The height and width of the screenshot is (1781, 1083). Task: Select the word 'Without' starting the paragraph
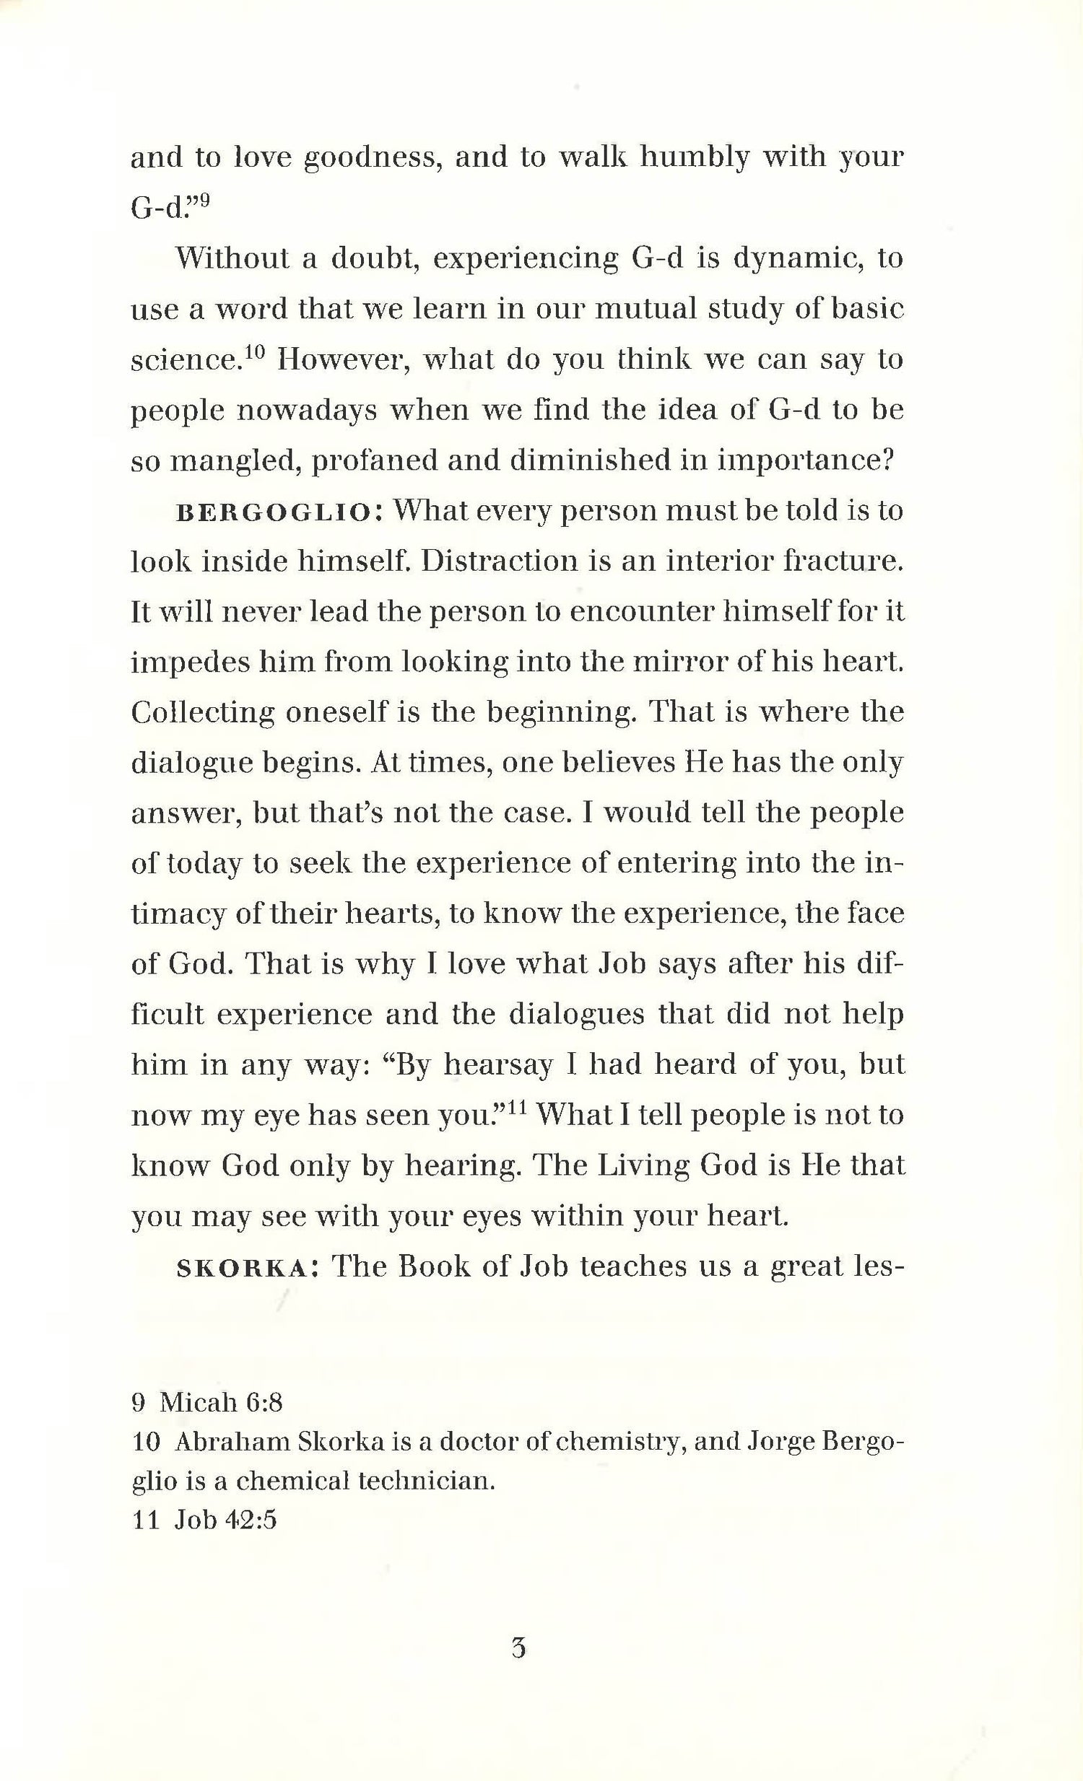230,258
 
